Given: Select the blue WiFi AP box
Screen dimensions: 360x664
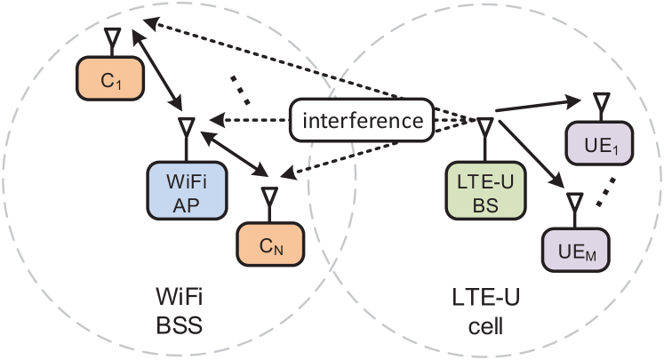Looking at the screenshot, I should click(185, 192).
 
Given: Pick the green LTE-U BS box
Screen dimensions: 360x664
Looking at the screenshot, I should click(484, 194).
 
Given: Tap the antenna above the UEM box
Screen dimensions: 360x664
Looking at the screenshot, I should click(575, 202).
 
